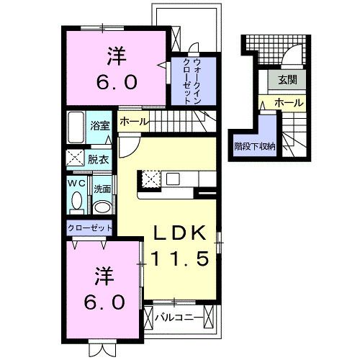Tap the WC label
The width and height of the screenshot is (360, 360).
[x=77, y=184]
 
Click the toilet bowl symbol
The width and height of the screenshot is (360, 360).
[x=77, y=202]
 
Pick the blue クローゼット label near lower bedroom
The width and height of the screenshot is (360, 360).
[x=91, y=228]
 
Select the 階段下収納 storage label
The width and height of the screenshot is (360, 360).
[x=255, y=145]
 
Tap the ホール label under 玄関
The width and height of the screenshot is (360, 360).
[x=289, y=104]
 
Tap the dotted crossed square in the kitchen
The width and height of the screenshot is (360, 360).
[x=151, y=179]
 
